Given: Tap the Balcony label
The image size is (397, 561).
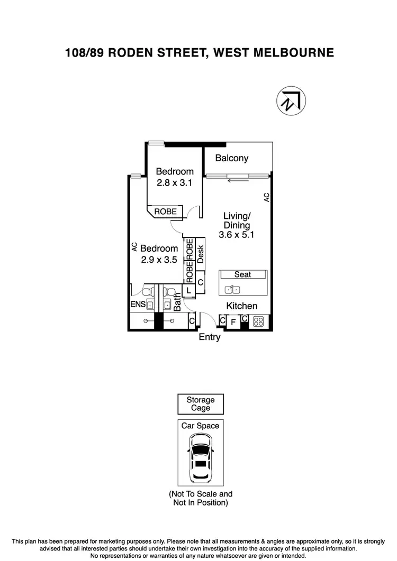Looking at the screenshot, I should point(231,158).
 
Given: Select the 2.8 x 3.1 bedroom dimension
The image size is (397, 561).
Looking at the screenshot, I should point(174,183).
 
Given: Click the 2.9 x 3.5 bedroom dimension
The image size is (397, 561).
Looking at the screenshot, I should point(159,260).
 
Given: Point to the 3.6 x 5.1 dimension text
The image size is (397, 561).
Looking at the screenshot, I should point(237,235).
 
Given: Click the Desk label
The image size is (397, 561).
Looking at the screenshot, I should point(201,254).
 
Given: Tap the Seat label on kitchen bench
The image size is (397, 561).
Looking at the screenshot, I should point(242,274).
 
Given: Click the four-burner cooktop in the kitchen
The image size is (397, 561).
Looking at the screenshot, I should point(259,321).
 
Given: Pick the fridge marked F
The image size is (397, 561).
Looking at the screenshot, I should point(233,321).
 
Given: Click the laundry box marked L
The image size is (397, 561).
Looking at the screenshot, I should point(188,290).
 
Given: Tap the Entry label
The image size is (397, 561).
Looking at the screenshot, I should point(209,337).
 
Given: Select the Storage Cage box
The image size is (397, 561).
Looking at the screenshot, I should point(200,404).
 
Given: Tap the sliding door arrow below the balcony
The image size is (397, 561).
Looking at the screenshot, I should point(237,181).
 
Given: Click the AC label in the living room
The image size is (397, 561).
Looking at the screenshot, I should point(267,197).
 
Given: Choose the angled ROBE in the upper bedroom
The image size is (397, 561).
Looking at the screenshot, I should point(165,211).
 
